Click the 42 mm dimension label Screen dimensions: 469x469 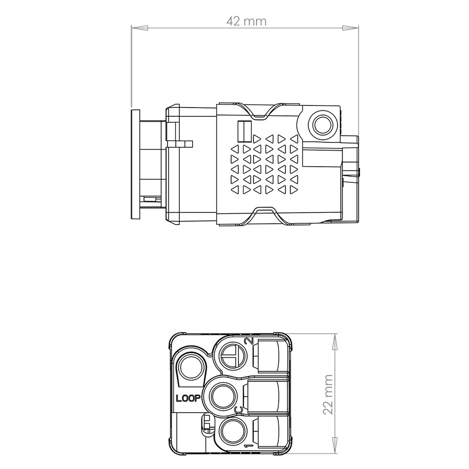click(x=246, y=21)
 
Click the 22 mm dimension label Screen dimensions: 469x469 click(x=328, y=394)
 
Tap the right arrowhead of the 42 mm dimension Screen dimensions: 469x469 click(x=350, y=28)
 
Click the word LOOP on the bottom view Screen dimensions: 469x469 click(x=188, y=398)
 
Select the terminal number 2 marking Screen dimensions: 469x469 click(x=249, y=341)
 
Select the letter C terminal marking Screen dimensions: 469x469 click(x=239, y=410)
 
